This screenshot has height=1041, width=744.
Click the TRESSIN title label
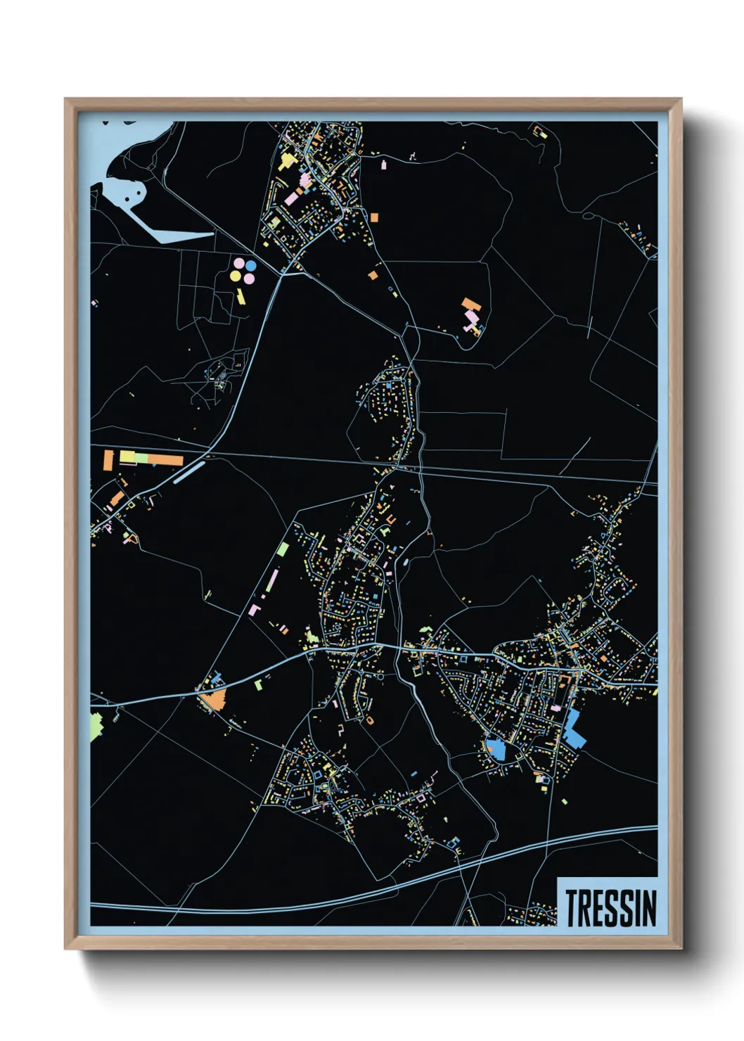click(x=610, y=907)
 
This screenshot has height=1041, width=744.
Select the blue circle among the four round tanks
click(x=250, y=266)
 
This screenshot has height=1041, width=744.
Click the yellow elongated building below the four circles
click(x=240, y=295)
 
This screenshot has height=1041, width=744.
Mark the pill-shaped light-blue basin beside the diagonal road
click(x=188, y=471)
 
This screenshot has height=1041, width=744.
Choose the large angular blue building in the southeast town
click(x=574, y=729)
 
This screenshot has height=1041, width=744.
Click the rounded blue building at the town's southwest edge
click(x=496, y=748)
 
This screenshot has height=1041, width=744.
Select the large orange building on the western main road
click(x=213, y=698)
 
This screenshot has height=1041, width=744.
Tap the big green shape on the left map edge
click(x=96, y=726)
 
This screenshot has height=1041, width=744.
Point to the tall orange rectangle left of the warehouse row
click(x=108, y=460)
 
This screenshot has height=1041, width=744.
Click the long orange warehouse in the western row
click(x=166, y=460)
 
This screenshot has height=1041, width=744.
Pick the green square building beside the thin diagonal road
click(x=283, y=549)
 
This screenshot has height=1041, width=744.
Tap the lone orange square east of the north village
click(x=374, y=218)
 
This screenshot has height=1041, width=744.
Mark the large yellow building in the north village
click(x=286, y=162)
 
